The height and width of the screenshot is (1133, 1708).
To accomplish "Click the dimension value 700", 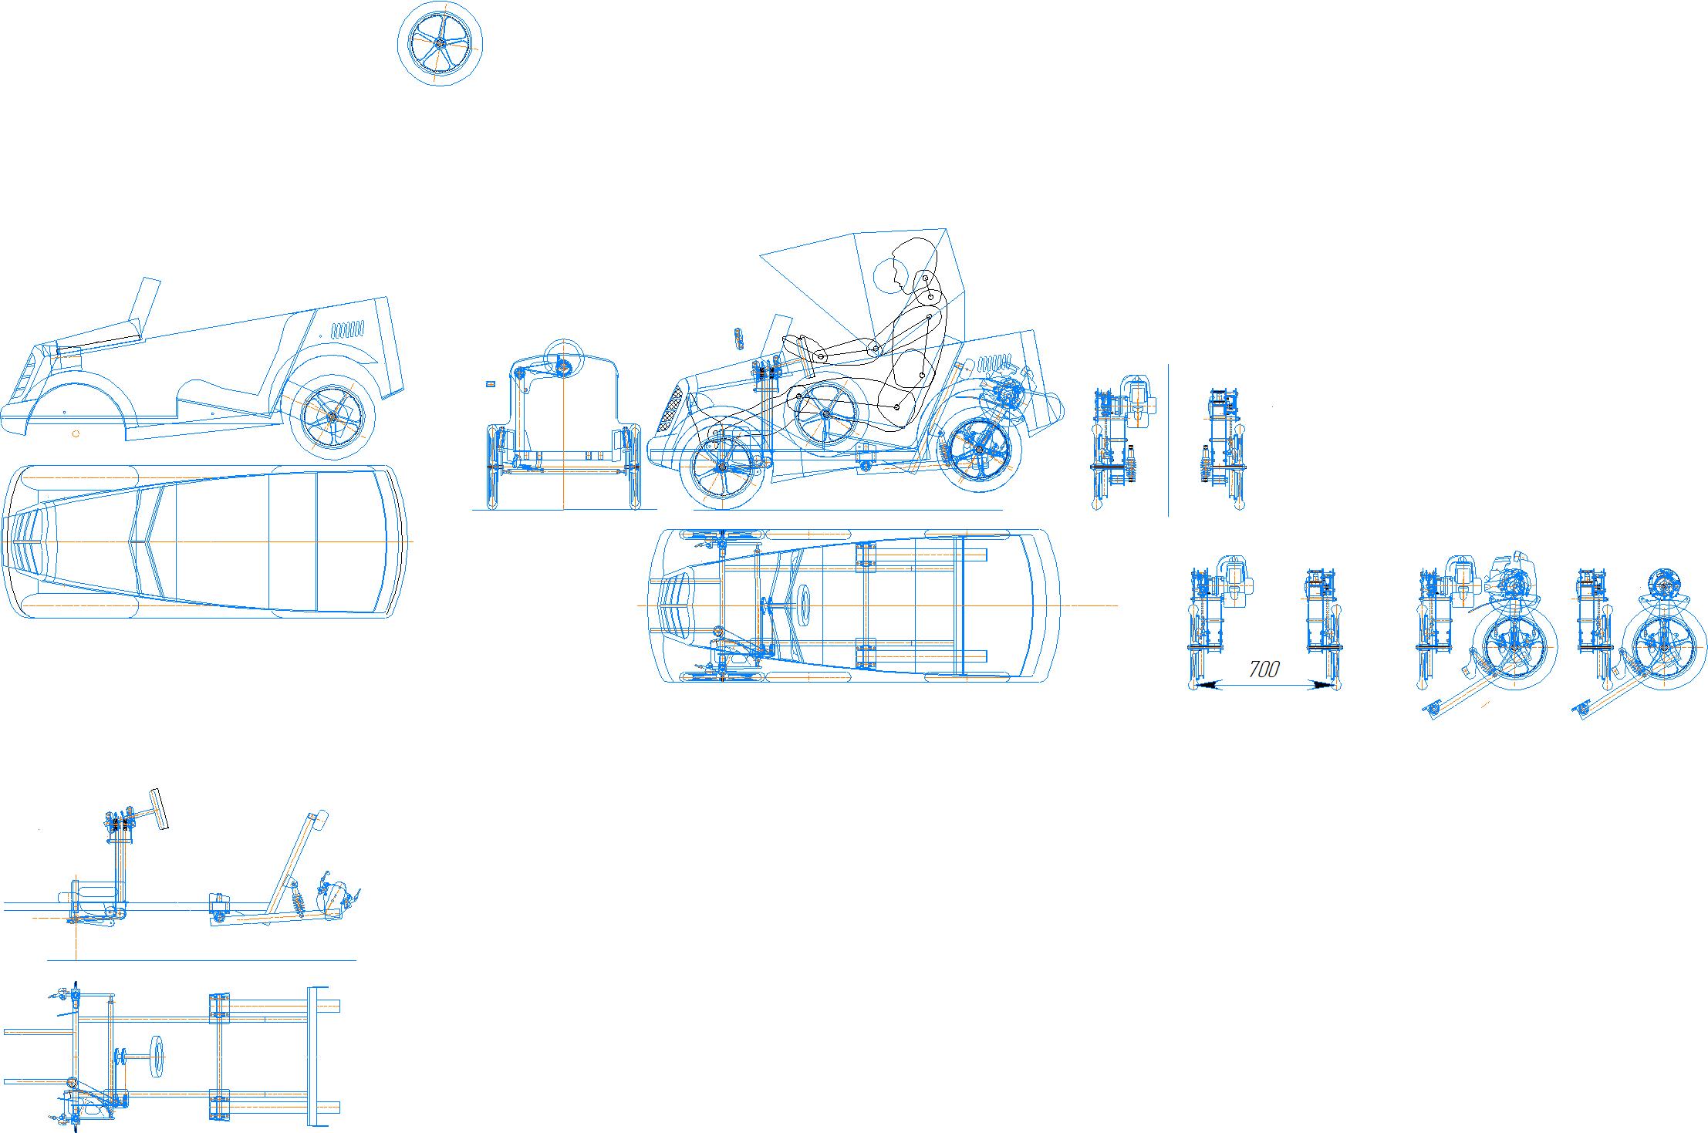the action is pyautogui.click(x=1264, y=669).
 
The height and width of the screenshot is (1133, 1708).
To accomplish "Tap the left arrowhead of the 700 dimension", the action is pyautogui.click(x=1204, y=683).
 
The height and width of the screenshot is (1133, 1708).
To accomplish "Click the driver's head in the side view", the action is pyautogui.click(x=887, y=274).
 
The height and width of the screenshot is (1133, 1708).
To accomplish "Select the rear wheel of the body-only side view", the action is pyautogui.click(x=332, y=417).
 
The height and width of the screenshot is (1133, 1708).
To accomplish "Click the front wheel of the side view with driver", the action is pyautogui.click(x=723, y=467).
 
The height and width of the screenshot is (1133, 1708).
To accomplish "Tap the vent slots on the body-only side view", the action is pyautogui.click(x=348, y=330).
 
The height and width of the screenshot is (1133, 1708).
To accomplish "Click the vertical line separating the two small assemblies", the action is pyautogui.click(x=1168, y=440).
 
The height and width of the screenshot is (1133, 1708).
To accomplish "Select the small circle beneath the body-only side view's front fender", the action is pyautogui.click(x=76, y=433).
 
